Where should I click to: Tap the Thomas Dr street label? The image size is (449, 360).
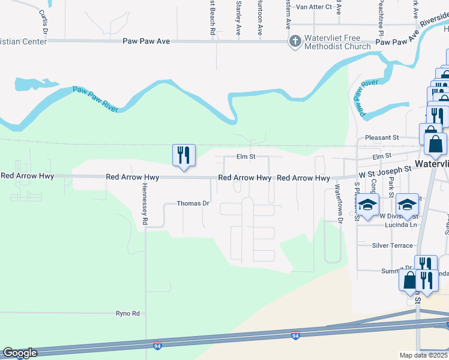tap(193, 203)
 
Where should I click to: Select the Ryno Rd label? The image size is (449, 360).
tap(127, 313)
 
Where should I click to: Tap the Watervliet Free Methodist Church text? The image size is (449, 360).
tap(337, 42)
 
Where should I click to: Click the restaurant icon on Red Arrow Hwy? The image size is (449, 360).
tap(182, 155)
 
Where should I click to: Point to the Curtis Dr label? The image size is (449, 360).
tap(43, 20)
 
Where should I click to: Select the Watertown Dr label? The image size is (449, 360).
tap(339, 205)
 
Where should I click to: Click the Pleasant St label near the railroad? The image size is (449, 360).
tap(378, 137)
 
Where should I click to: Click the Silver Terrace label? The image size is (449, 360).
tap(393, 245)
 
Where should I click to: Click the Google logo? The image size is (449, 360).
tap(20, 353)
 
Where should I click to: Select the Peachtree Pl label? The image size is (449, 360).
tap(381, 17)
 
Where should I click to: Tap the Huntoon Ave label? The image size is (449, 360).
tap(260, 16)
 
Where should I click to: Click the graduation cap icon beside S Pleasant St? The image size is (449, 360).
tap(368, 205)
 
